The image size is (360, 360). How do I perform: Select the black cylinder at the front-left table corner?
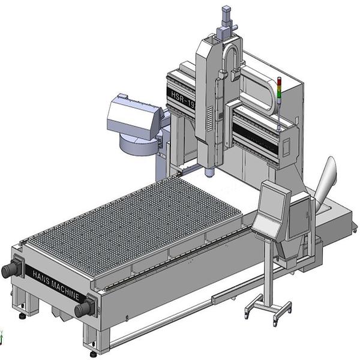click(11, 270)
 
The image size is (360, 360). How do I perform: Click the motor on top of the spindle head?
click(226, 21)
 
